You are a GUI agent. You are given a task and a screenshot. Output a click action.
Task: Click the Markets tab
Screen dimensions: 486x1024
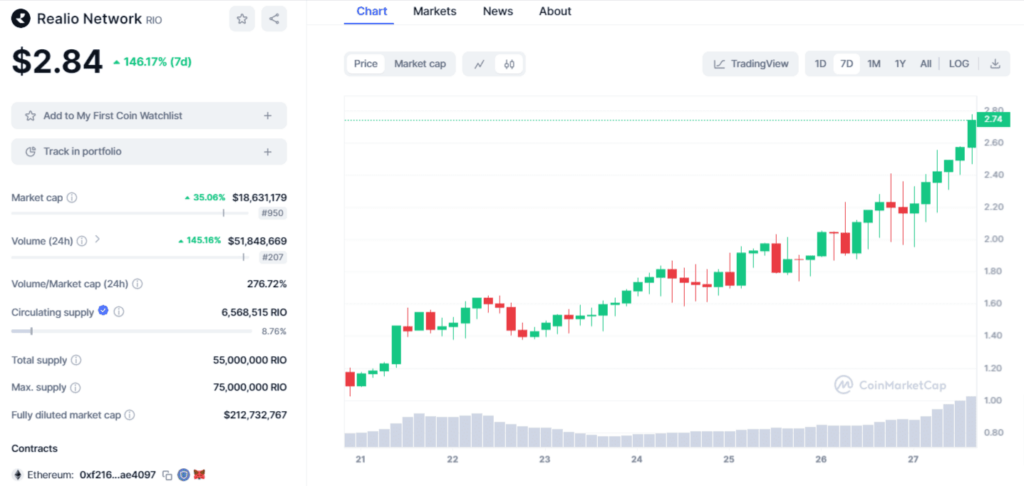434,11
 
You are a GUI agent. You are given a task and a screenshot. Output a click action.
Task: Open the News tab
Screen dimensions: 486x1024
498,11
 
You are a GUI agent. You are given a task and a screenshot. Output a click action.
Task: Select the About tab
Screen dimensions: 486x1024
555,11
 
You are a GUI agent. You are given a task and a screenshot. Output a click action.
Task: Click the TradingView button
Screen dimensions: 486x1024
751,64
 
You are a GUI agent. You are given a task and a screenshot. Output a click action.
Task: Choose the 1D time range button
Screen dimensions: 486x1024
820,64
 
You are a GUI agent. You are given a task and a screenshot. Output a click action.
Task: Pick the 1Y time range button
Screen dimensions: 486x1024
900,64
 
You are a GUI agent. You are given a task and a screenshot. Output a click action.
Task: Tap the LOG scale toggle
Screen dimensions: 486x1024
959,64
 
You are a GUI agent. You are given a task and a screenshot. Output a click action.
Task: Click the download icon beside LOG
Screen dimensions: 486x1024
995,64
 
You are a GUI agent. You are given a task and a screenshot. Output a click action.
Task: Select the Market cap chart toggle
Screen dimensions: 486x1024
420,64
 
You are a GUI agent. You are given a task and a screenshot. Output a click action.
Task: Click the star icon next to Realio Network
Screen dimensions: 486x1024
241,18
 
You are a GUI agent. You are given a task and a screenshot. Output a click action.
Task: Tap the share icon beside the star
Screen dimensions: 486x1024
274,18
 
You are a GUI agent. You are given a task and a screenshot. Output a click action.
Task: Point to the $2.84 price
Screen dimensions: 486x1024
57,62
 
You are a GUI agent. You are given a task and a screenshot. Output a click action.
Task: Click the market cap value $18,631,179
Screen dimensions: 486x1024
259,198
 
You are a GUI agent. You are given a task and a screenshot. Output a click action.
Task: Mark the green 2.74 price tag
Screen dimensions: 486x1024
993,120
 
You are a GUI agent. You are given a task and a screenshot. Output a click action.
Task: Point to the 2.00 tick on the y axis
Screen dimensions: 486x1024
992,239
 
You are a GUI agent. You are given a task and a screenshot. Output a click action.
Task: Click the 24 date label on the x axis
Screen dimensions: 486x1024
637,460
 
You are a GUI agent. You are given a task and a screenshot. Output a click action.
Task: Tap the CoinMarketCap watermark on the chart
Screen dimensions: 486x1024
890,385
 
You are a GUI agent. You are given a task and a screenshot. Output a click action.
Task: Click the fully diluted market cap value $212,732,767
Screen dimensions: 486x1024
255,415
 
